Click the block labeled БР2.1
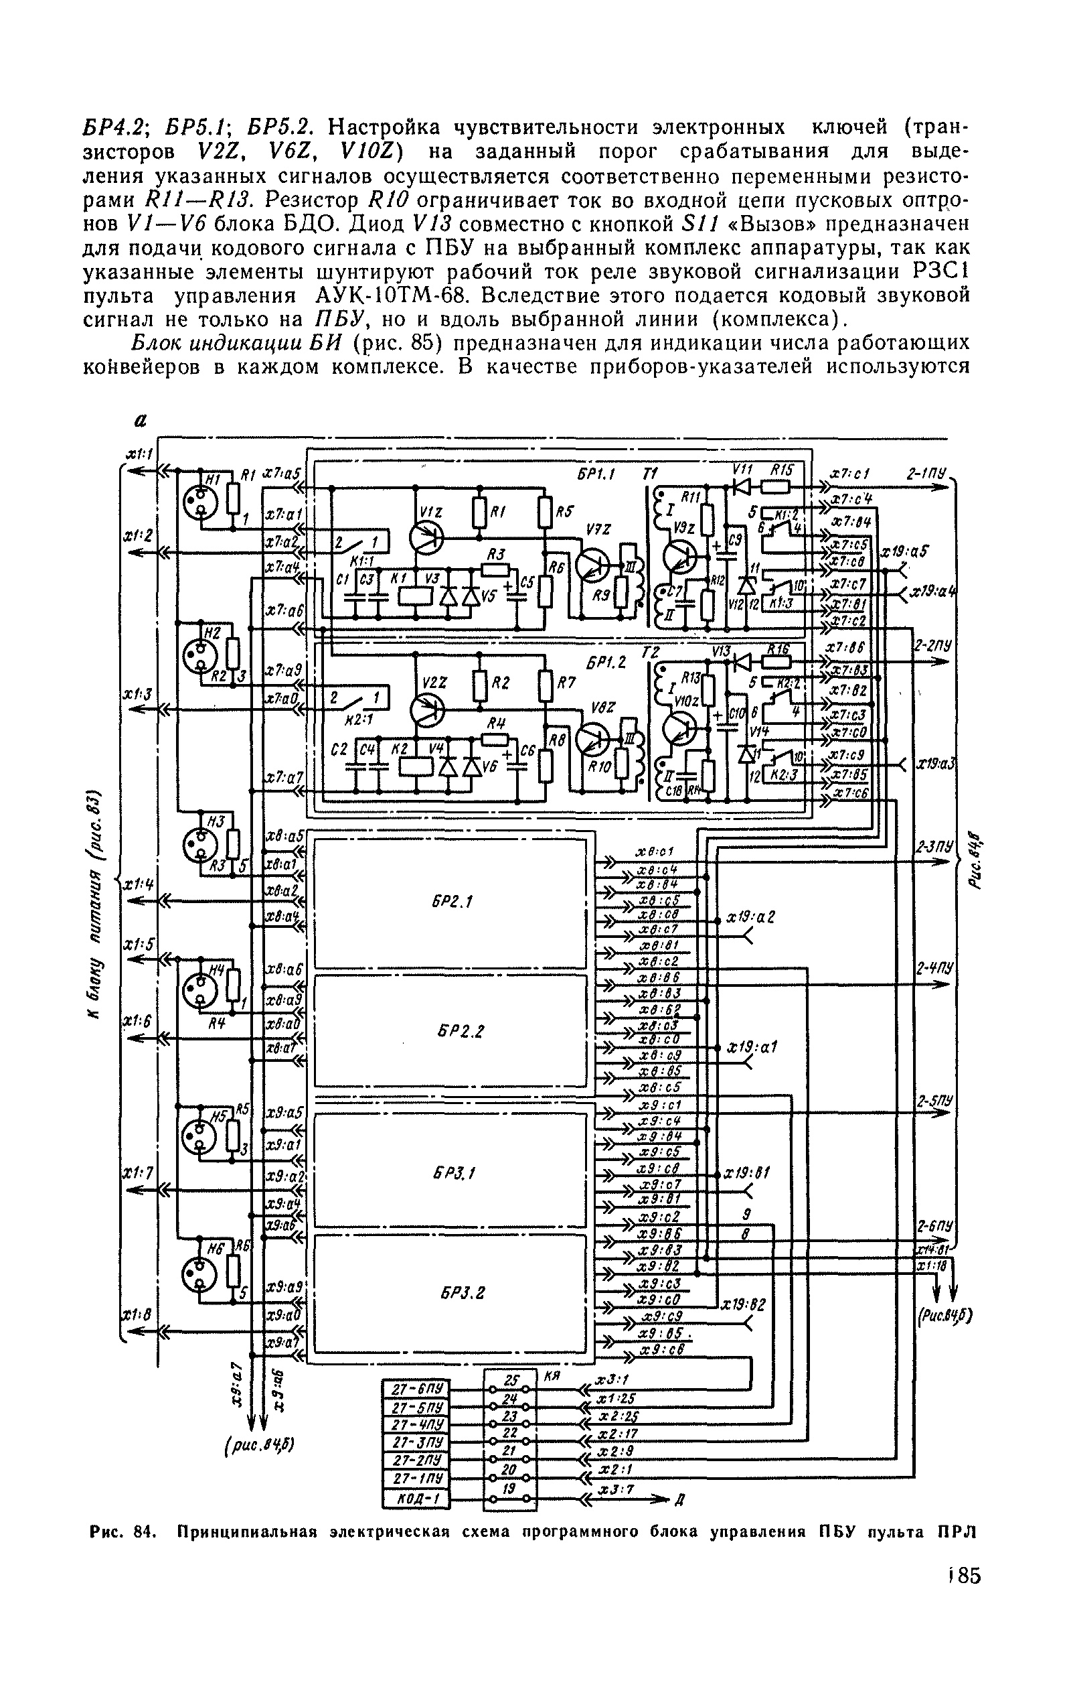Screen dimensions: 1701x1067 point(450,902)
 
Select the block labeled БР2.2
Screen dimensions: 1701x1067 point(450,1032)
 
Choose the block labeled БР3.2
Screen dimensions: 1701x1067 point(450,1293)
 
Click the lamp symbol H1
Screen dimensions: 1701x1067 point(199,500)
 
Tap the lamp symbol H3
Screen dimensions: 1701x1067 point(199,843)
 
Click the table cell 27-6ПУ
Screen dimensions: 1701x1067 point(416,1390)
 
